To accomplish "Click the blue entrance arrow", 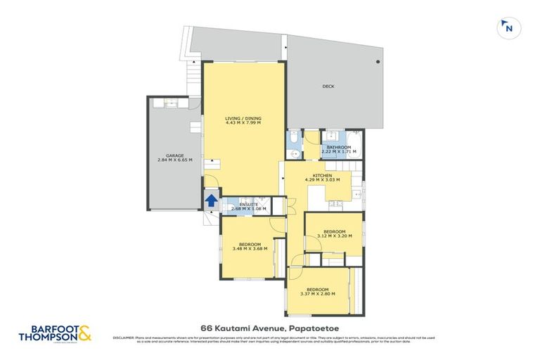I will coord(210,201).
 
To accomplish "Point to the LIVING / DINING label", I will coord(243,117).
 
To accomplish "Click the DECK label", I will coord(328,86).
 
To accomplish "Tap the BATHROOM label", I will coord(339,147).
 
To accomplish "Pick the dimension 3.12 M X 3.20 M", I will coord(334,237).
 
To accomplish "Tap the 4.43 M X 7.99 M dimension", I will coord(243,123).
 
